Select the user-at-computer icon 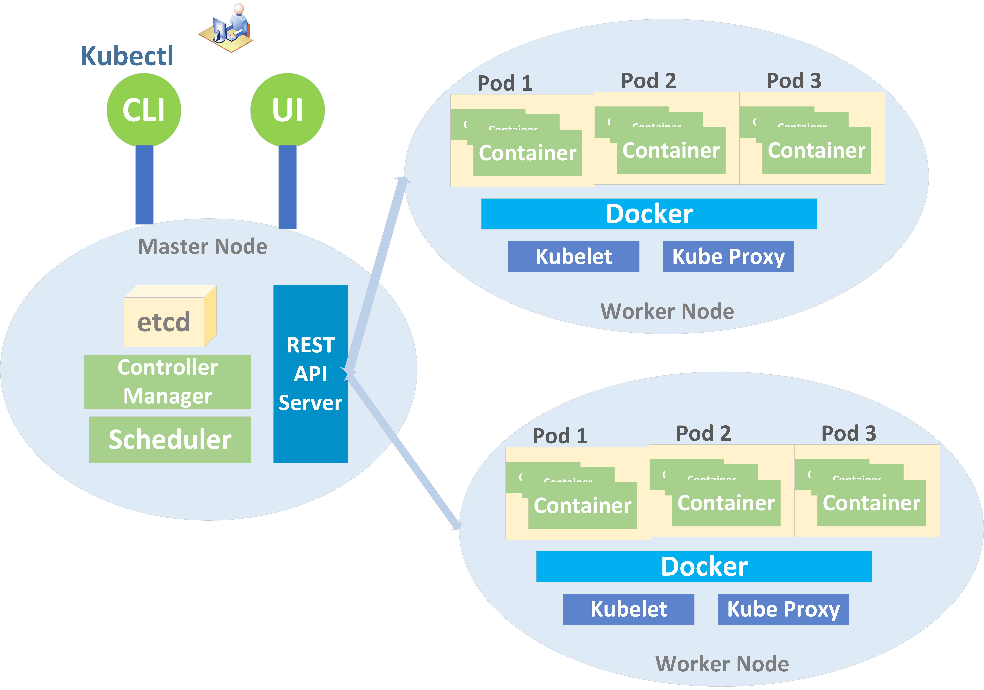[x=227, y=28]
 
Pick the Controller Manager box [x=168, y=381]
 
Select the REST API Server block [x=310, y=374]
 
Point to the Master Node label [x=202, y=247]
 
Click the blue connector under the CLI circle [x=144, y=184]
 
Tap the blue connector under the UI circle [x=287, y=186]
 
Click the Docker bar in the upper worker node [x=649, y=214]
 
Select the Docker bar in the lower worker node [x=704, y=566]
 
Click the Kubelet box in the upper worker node [x=573, y=256]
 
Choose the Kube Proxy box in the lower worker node [x=783, y=609]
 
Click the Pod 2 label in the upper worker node [x=648, y=81]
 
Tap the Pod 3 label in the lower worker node [x=849, y=433]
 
